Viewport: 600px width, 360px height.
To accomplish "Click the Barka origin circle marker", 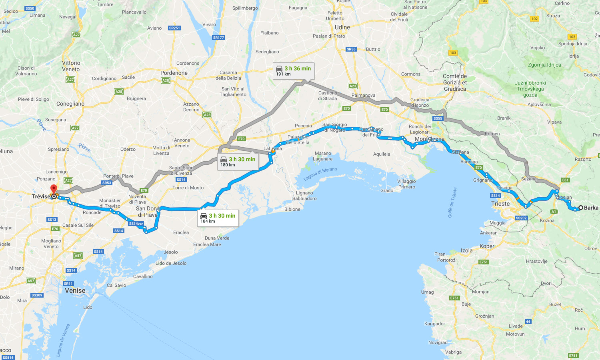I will [580, 208].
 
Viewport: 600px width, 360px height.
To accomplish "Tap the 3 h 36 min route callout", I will [293, 71].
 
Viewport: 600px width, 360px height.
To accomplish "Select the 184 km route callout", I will [218, 218].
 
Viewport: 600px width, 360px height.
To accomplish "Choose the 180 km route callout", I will [238, 162].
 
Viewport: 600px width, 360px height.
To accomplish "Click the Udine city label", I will [342, 27].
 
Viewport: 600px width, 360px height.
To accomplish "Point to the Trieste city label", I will [500, 204].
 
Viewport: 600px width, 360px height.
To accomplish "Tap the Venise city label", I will [75, 291].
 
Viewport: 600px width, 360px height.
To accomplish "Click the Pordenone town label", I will [174, 73].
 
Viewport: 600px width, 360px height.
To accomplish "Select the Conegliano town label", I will [70, 104].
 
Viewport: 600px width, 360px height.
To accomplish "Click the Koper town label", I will [487, 246].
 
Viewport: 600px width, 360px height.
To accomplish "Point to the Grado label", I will [386, 190].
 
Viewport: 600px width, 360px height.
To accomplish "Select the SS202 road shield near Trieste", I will [521, 218].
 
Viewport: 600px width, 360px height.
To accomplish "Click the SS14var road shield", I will [136, 224].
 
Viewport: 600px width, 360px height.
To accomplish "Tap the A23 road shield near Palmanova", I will [352, 86].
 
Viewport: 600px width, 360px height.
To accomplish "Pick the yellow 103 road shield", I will [453, 53].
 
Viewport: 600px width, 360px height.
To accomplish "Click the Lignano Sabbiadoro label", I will [304, 196].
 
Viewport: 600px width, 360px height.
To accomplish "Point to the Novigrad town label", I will [438, 342].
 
